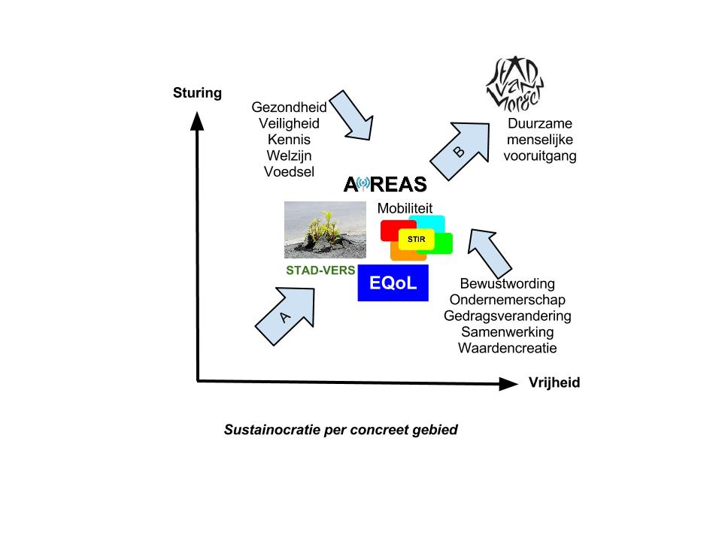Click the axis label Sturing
coord(198,93)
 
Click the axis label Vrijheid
coord(554,382)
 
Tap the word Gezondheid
coord(289,107)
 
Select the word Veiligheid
coord(289,123)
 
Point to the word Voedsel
coord(289,171)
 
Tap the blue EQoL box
coord(393,283)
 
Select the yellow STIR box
coord(416,238)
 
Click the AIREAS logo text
coord(384,184)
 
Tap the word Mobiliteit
coord(405,208)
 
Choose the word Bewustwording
coord(507,284)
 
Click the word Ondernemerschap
coord(507,300)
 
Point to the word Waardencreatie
coord(507,348)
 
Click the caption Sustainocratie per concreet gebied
coord(341,431)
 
